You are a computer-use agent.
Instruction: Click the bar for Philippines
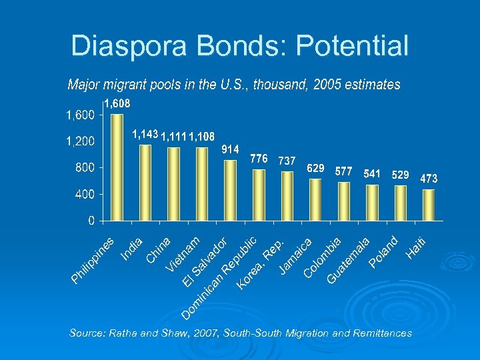[x=117, y=167]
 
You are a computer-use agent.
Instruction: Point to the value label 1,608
[x=117, y=103]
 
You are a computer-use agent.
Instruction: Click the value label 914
[x=230, y=149]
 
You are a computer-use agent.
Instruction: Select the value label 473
[x=429, y=179]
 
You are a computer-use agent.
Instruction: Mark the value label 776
[x=259, y=159]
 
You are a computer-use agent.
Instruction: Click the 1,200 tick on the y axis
[x=79, y=142]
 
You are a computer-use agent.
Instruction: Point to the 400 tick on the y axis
[x=84, y=195]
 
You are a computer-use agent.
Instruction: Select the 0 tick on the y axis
[x=91, y=221]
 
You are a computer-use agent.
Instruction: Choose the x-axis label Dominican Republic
[x=220, y=276]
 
